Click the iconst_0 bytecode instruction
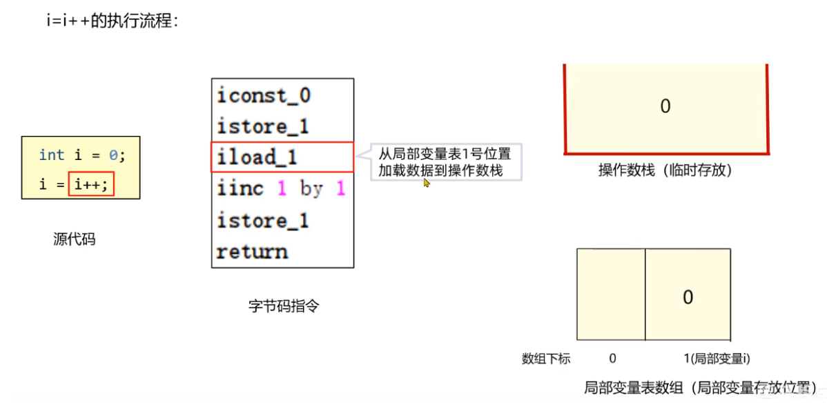pyautogui.click(x=264, y=95)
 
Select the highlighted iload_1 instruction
pyautogui.click(x=257, y=157)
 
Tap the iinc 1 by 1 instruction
pyautogui.click(x=280, y=189)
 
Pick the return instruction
pyautogui.click(x=252, y=252)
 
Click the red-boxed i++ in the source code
pyautogui.click(x=91, y=185)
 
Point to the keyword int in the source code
pyautogui.click(x=52, y=155)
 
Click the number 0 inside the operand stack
pyautogui.click(x=665, y=106)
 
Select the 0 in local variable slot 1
pyautogui.click(x=688, y=297)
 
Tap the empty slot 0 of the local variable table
pyautogui.click(x=611, y=295)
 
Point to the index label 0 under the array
pyautogui.click(x=612, y=359)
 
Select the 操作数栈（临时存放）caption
pyautogui.click(x=664, y=170)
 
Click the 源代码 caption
pyautogui.click(x=74, y=239)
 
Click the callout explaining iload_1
pyautogui.click(x=445, y=161)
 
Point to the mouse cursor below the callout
pyautogui.click(x=427, y=183)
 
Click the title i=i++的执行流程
pyautogui.click(x=113, y=21)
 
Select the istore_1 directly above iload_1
pyautogui.click(x=263, y=127)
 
